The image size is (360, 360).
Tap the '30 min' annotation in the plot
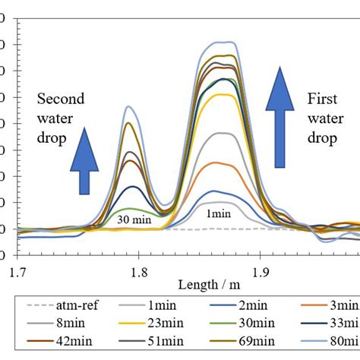tap(133, 219)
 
